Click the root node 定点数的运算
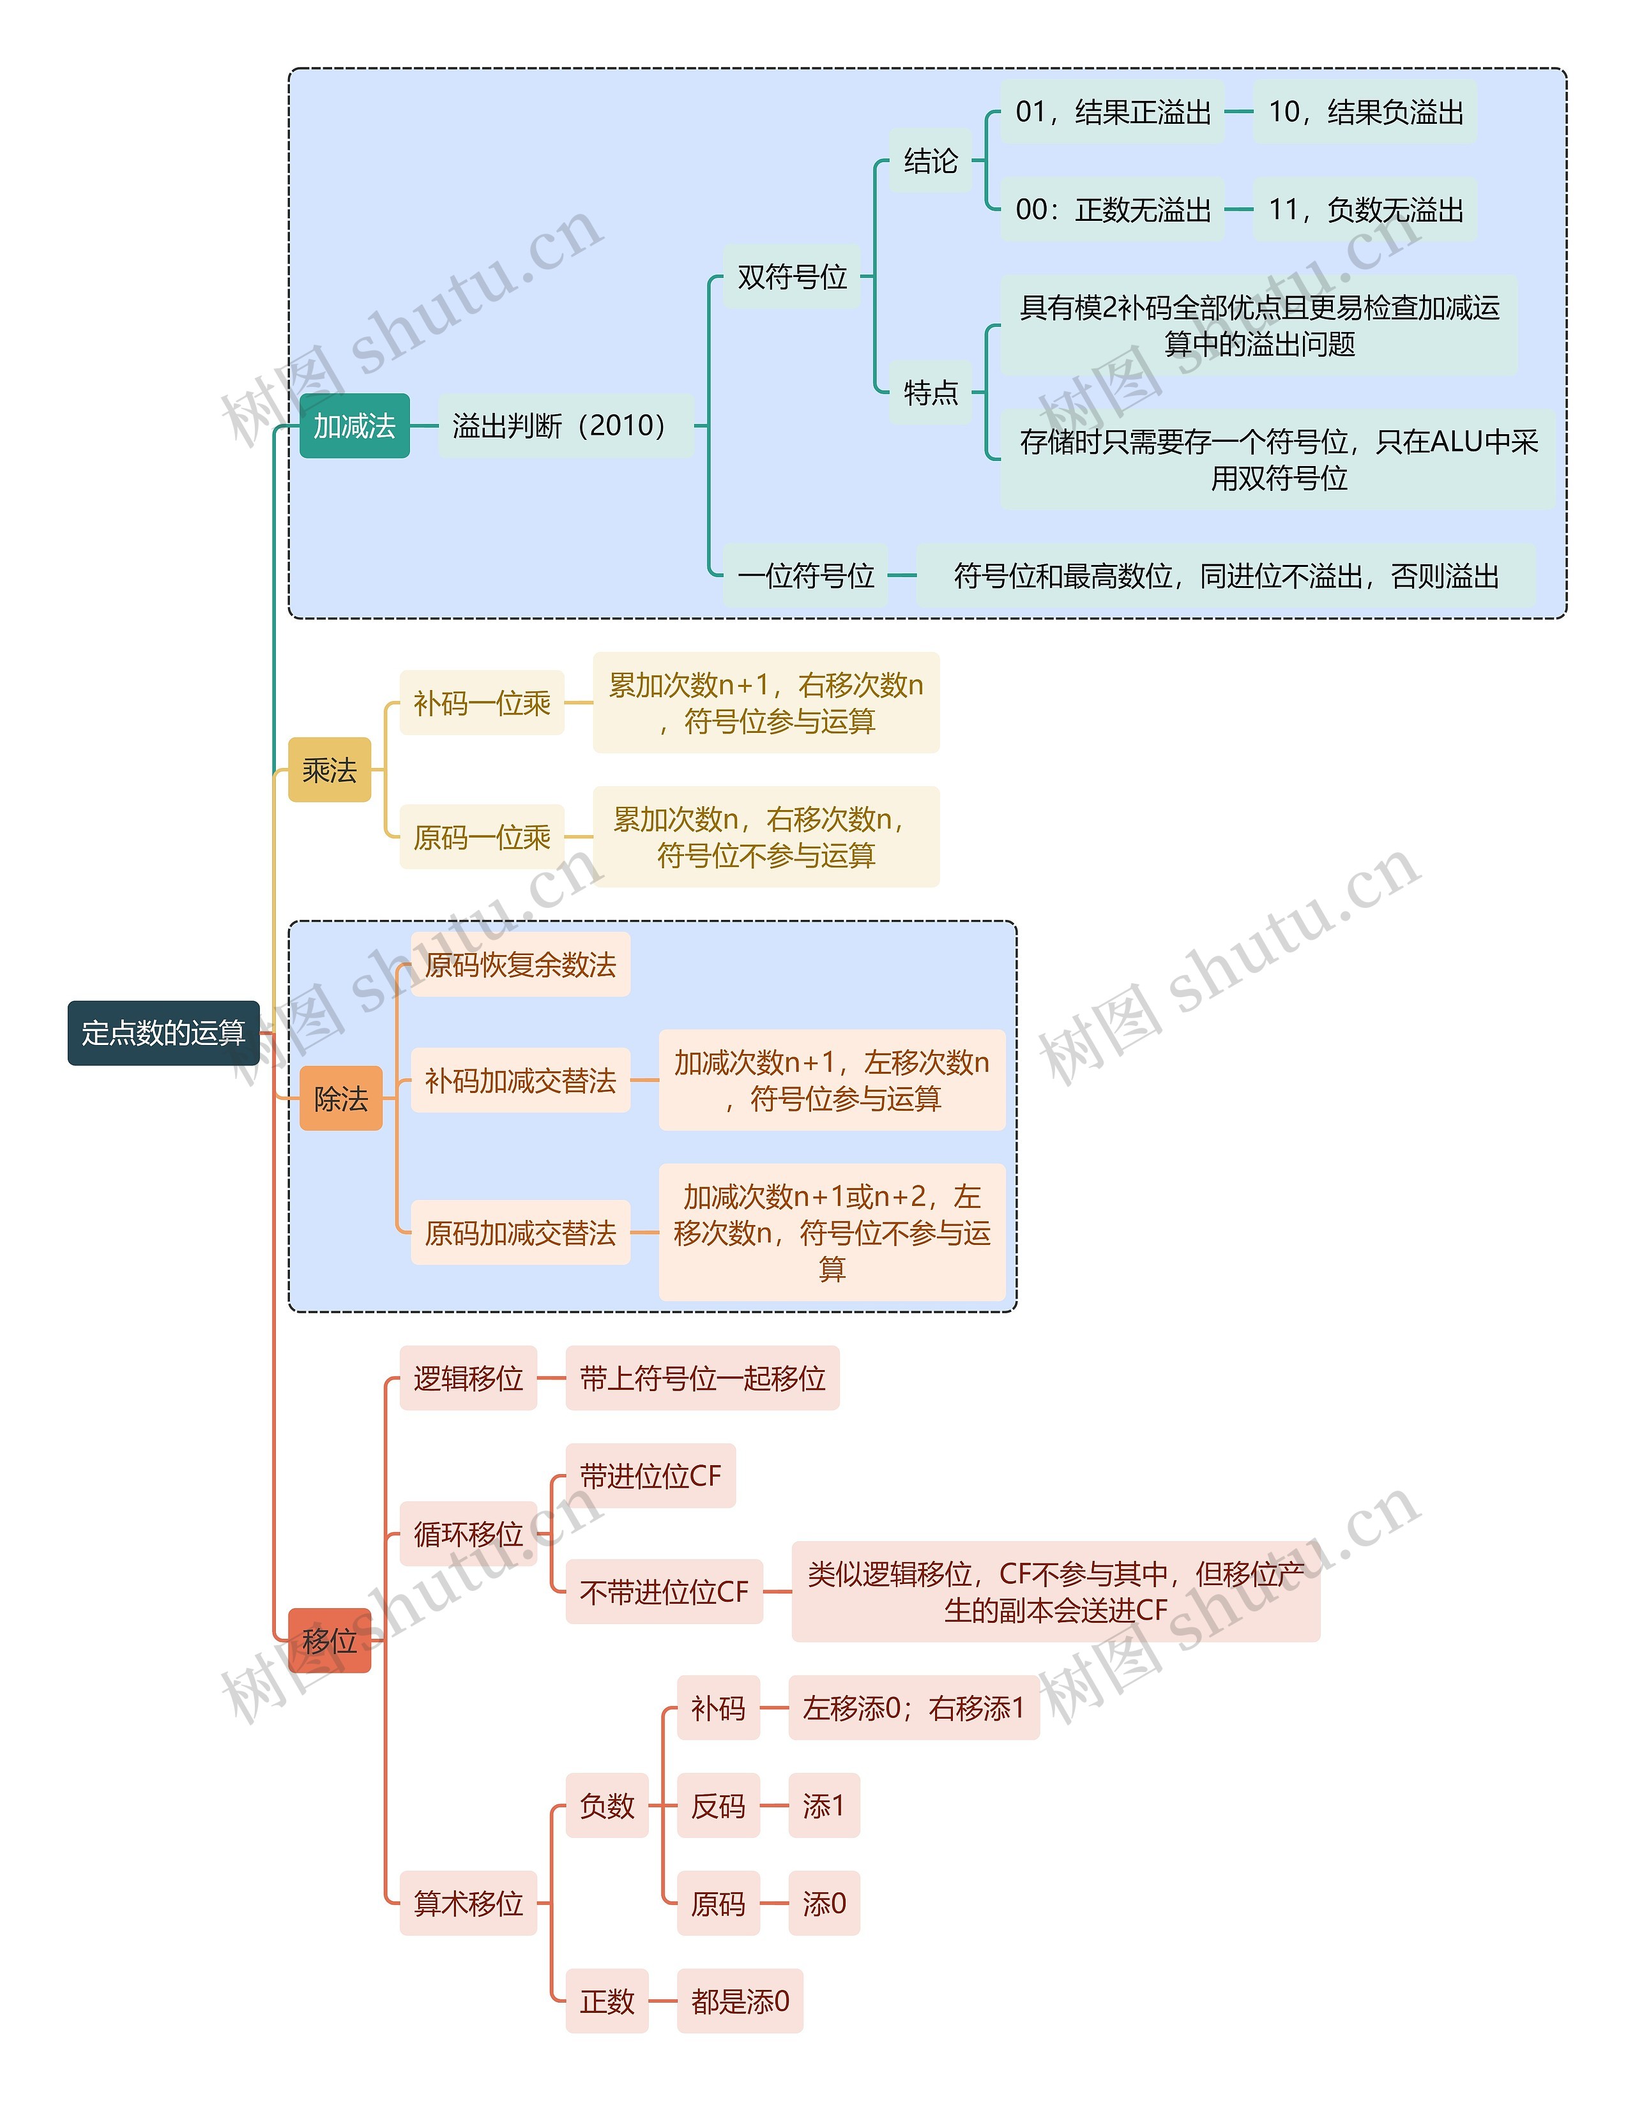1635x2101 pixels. coord(163,1032)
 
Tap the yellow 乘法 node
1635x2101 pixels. coord(329,769)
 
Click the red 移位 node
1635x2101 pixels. coord(329,1640)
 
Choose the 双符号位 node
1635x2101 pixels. coord(791,277)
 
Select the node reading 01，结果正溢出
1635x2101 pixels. coord(1113,112)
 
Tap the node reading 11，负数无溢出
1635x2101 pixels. coord(1365,209)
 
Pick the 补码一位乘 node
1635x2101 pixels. coord(481,704)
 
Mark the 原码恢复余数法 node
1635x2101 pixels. coord(520,964)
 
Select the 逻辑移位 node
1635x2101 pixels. coord(468,1378)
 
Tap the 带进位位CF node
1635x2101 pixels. coord(651,1476)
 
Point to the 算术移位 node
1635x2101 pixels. coord(468,1903)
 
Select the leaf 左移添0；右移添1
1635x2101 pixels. coord(913,1708)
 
